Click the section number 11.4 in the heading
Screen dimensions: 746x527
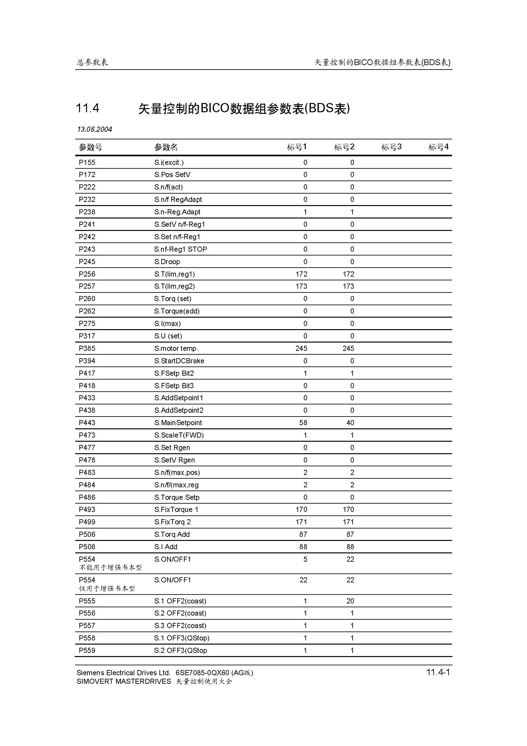pos(87,108)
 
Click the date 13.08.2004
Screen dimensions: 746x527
pos(94,129)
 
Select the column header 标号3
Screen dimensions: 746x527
pos(391,147)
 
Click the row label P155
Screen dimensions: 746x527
pos(87,162)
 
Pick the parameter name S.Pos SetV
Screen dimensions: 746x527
pos(172,175)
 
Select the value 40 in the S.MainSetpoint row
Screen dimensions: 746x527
pos(350,423)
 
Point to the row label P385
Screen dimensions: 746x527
pos(87,348)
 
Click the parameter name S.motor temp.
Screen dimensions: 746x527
pos(176,348)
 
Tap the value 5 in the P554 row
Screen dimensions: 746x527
pos(305,559)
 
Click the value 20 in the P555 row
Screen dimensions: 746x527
pos(350,601)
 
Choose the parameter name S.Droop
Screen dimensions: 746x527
pos(167,262)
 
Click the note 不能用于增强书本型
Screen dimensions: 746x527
pos(110,567)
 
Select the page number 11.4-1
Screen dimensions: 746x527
pos(438,672)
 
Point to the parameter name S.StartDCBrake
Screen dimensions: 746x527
pos(179,361)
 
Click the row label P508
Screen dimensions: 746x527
pos(87,547)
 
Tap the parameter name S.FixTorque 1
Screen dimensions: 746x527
pos(176,509)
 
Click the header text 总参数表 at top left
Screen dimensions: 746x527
pos(92,62)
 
